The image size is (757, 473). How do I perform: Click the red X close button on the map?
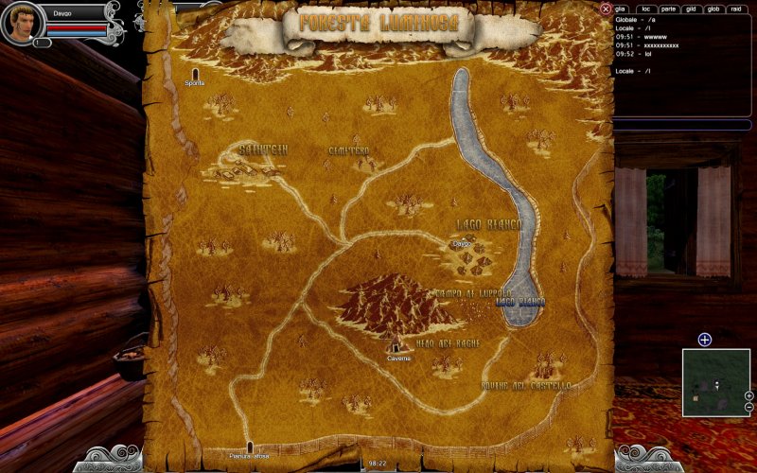606,9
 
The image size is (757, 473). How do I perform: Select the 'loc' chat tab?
644,9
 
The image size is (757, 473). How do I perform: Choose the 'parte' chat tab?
668,9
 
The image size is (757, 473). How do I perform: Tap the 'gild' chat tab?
693,9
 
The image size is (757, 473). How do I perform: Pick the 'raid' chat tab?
738,9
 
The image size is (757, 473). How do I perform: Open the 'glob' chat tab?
715,9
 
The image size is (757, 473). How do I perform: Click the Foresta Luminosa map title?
378,23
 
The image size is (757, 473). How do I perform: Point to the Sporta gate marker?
196,74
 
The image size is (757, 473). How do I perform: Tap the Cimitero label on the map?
348,150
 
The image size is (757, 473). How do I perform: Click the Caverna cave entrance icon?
396,347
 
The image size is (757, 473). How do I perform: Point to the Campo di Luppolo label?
472,293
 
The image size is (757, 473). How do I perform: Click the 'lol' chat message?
648,53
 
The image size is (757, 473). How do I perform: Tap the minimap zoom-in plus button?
748,395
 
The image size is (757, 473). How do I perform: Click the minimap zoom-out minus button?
748,407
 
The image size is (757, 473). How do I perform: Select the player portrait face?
22,22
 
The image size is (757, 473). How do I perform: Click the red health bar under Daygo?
76,28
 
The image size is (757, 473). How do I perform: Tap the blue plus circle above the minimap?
704,340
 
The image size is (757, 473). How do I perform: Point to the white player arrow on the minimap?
716,384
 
